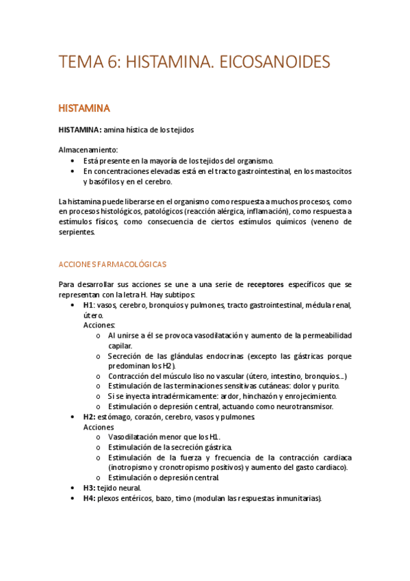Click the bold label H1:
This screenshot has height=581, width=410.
tap(89, 305)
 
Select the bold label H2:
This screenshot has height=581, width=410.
tap(89, 417)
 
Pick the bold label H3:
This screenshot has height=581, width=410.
tap(89, 488)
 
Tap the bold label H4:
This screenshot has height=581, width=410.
tap(89, 498)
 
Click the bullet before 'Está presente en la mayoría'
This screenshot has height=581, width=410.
tap(74, 160)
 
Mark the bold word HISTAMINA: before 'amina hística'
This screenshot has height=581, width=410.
tap(80, 129)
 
